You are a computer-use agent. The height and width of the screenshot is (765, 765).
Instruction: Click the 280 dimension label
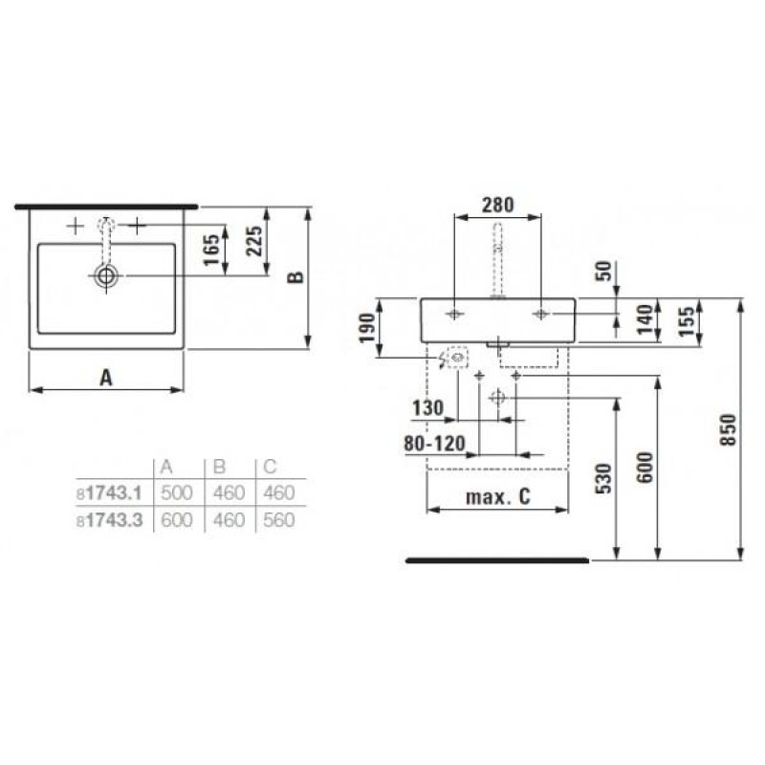click(498, 204)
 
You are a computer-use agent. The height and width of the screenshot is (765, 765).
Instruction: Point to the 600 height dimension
click(645, 467)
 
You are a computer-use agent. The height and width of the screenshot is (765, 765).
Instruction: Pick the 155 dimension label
click(687, 319)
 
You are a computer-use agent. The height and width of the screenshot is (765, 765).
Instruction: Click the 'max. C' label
click(497, 496)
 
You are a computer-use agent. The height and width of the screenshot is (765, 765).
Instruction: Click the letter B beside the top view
click(296, 276)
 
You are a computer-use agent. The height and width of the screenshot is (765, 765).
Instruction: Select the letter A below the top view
click(107, 378)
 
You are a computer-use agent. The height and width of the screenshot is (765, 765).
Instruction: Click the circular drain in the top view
click(106, 276)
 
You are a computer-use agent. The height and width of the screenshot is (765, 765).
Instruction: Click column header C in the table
click(270, 468)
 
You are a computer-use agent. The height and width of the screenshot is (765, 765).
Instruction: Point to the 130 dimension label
click(427, 408)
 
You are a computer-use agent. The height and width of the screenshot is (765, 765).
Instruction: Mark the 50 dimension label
click(601, 269)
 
